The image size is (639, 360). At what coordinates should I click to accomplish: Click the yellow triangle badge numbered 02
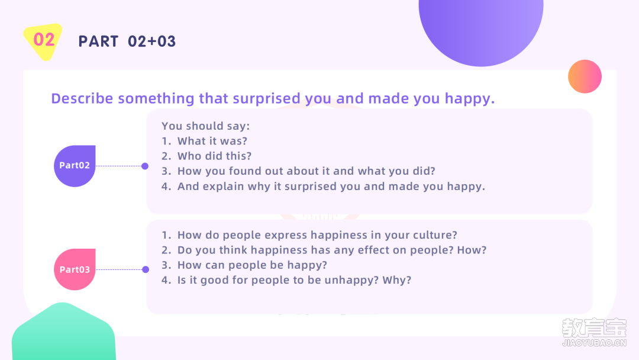tap(43, 41)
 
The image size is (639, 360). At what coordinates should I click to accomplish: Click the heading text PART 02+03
tap(127, 41)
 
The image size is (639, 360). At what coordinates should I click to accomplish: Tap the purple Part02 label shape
tap(75, 166)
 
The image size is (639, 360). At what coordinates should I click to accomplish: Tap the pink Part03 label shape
tap(75, 269)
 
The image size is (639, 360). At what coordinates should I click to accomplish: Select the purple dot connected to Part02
tap(145, 166)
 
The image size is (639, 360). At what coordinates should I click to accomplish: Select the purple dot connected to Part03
tap(146, 269)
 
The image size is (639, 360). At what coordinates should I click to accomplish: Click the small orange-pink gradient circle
tap(585, 76)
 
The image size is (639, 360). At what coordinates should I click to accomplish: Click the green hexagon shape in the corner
tap(63, 332)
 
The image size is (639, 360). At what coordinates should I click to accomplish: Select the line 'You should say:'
tap(205, 126)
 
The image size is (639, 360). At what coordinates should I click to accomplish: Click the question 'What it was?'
tap(212, 141)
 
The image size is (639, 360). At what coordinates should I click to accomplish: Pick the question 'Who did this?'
tap(214, 156)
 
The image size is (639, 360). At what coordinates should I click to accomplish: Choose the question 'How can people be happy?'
tap(252, 265)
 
